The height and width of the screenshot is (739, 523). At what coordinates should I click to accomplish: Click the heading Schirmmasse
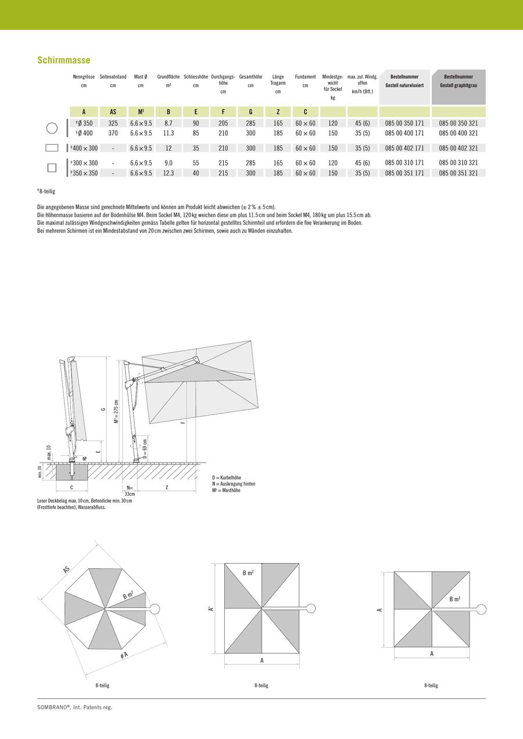(x=63, y=60)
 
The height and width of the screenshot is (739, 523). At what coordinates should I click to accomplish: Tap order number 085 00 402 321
(x=458, y=148)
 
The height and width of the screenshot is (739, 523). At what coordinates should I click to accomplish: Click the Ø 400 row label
(x=84, y=133)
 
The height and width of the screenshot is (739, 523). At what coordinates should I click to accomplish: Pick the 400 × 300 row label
(x=84, y=148)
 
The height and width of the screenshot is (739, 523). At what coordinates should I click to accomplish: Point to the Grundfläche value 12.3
(x=169, y=173)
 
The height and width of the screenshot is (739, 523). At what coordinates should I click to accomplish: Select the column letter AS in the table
(x=113, y=112)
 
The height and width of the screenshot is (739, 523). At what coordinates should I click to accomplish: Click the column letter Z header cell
(x=278, y=112)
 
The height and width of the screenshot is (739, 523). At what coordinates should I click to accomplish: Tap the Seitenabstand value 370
(x=113, y=133)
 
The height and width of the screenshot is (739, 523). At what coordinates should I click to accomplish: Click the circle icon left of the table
(x=52, y=128)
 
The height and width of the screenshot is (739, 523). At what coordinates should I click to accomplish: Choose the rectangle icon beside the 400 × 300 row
(x=52, y=148)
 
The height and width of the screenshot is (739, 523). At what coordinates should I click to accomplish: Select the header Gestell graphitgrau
(x=458, y=85)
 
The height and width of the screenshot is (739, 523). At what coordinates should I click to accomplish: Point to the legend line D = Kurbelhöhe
(x=231, y=477)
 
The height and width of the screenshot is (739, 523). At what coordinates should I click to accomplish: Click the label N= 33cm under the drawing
(x=129, y=491)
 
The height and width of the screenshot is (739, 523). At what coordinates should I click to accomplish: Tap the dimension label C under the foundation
(x=71, y=488)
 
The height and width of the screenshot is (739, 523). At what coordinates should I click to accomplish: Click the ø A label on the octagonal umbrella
(x=124, y=655)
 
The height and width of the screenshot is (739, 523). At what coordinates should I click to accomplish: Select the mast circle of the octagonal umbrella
(x=155, y=609)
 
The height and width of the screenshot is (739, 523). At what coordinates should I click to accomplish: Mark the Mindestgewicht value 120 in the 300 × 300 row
(x=332, y=163)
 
